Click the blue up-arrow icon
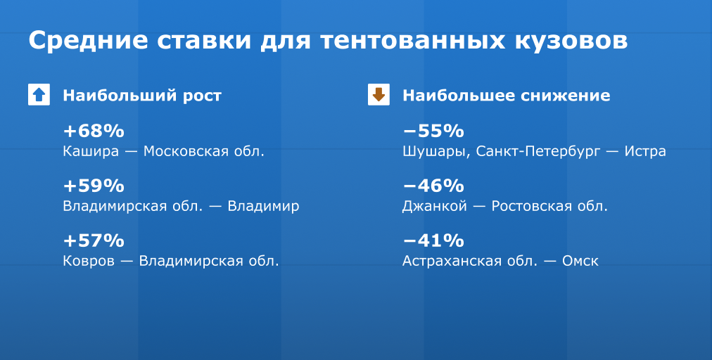[39, 94]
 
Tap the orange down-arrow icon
[379, 94]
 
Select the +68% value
[94, 131]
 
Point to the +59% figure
[94, 186]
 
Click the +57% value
[94, 240]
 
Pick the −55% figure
[433, 131]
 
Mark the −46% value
[433, 186]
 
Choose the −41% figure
[433, 240]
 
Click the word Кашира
[91, 152]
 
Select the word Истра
[645, 150]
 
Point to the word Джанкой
[435, 206]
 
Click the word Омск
[580, 261]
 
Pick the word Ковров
[89, 261]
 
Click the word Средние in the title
[88, 40]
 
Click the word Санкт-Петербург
[538, 152]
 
